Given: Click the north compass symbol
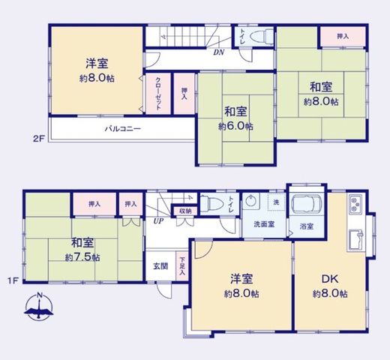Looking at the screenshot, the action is pos(39,306).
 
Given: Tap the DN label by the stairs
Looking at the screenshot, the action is pos(218,52).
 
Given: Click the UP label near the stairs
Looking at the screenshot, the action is pos(158,221).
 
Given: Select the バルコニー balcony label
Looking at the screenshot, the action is pos(123,129).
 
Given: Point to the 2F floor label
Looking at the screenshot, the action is pos(39,138).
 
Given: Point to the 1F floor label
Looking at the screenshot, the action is pos(13,280).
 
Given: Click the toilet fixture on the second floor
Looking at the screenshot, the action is pos(261,37).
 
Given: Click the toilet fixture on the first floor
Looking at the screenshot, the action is pos(211,204).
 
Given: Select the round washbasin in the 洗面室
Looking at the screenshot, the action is pos(250,201).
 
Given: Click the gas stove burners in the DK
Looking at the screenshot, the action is pos(355,204).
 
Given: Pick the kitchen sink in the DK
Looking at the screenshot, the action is pos(355,240).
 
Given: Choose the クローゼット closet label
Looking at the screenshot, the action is pos(158,94).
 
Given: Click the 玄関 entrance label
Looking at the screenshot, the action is pos(160,266).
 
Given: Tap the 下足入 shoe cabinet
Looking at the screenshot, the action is pos(182,265).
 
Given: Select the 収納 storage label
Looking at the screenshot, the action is pos(185,211).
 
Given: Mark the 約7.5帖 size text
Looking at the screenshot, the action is pos(82,257).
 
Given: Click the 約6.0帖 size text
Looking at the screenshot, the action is pos(235,127).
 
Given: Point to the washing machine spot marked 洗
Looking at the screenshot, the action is pos(276,202).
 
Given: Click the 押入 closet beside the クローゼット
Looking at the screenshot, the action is pos(184,94).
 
